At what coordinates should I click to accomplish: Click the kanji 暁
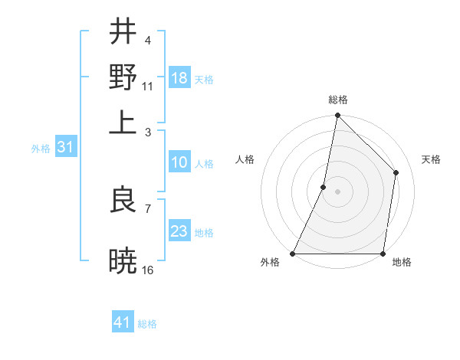point(123,260)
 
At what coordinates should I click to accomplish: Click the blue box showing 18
point(179,78)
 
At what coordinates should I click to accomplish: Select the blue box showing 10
point(179,162)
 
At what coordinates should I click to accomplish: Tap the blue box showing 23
point(179,231)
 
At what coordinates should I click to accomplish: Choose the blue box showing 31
point(65,148)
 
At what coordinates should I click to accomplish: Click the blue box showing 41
point(123,322)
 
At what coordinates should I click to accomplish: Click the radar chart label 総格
point(337,100)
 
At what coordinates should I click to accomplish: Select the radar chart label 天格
point(432,159)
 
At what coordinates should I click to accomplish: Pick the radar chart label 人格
point(245,159)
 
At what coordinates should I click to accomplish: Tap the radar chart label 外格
point(270,263)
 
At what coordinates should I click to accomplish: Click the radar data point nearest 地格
point(383,254)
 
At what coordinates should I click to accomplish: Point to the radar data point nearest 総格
point(337,116)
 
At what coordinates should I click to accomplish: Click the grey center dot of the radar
point(337,191)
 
